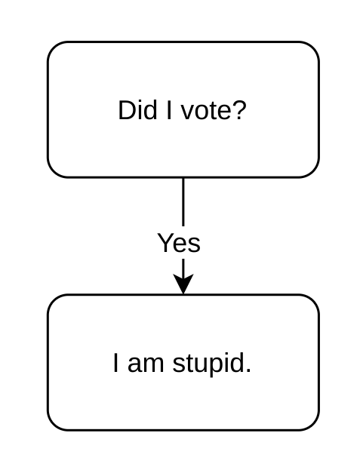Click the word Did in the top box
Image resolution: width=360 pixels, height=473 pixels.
pos(137,110)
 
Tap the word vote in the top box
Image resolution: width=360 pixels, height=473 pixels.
pos(203,112)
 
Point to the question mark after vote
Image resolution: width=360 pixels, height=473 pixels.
pos(236,110)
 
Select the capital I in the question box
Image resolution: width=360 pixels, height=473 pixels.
pos(169,110)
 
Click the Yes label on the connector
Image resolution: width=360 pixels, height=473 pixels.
pos(179,243)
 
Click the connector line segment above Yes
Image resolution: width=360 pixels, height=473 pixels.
pos(183,201)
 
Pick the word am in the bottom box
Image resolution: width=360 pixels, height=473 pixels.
pos(146,364)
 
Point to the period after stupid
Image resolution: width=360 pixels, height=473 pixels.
pos(248,370)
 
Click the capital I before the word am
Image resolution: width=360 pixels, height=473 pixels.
pos(115,363)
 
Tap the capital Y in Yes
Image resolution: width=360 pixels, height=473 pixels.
pos(166,243)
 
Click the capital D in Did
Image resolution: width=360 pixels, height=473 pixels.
pos(127,110)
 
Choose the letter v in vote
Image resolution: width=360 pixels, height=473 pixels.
pos(188,112)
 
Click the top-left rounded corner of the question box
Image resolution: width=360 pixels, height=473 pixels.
pos(54,48)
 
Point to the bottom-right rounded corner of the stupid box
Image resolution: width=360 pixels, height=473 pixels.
pos(313,424)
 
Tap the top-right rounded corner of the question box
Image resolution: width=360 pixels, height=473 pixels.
pos(313,48)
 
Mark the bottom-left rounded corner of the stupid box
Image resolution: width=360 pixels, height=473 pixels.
pos(54,424)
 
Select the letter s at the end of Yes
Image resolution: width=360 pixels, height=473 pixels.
pos(195,245)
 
